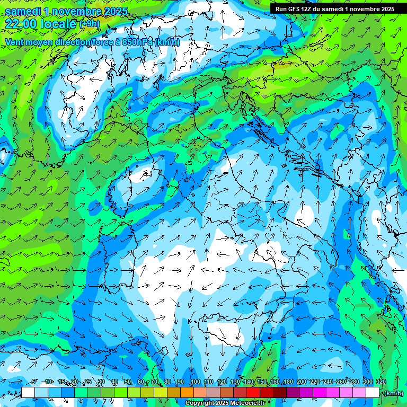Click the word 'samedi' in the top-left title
click(23, 11)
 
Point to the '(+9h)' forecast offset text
click(89, 23)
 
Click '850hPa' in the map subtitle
click(137, 42)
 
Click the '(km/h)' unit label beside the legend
click(393, 393)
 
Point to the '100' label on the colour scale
click(196, 382)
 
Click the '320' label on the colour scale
click(381, 382)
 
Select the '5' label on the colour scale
click(34, 382)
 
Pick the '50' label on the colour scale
click(128, 382)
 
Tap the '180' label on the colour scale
click(288, 382)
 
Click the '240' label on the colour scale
click(328, 382)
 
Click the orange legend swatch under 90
click(187, 392)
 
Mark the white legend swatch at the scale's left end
click(28, 392)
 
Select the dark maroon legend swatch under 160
click(280, 392)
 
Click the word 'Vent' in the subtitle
click(15, 42)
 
